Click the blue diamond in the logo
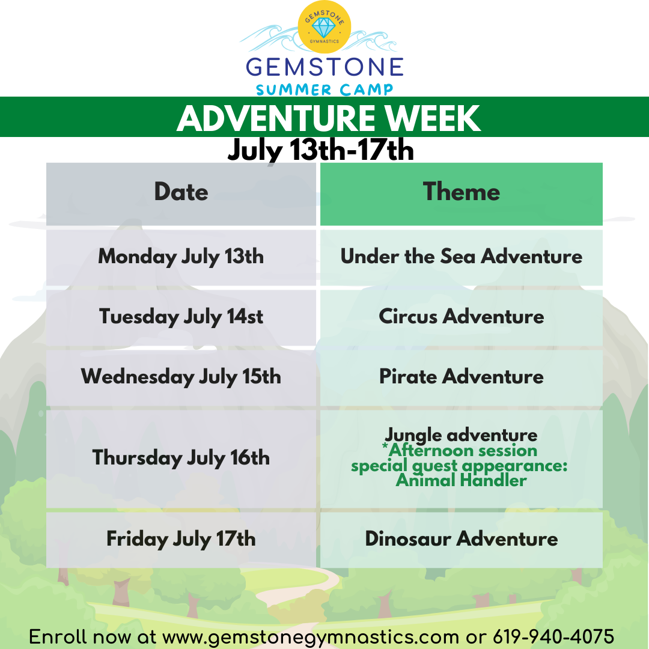[x=324, y=28]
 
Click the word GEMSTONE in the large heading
[x=324, y=67]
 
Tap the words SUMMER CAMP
[x=324, y=90]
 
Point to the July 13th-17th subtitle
[x=321, y=150]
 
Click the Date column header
[x=181, y=194]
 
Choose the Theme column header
[x=462, y=194]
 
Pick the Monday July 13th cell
[x=181, y=257]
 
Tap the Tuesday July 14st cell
[x=181, y=318]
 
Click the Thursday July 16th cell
[x=181, y=459]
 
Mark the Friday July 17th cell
[x=181, y=540]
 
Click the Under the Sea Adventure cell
[x=462, y=257]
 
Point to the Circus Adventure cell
[x=462, y=318]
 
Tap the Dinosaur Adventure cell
[x=462, y=540]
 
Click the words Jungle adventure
[x=461, y=435]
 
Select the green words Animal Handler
[x=461, y=481]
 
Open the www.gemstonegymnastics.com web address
[x=311, y=637]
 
